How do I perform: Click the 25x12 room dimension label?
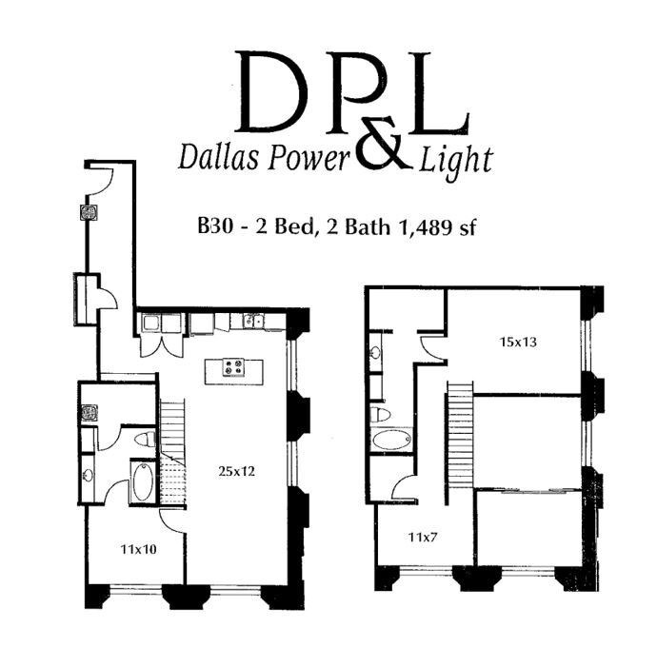click(x=236, y=471)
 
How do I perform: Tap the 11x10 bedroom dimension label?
click(x=138, y=550)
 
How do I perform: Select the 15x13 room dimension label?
click(x=518, y=342)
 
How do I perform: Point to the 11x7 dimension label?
click(x=423, y=538)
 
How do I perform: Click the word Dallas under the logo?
click(x=219, y=156)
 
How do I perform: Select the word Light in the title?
click(x=456, y=161)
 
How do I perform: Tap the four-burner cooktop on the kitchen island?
click(x=234, y=367)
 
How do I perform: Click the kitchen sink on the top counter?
click(x=254, y=321)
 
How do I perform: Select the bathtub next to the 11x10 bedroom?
click(x=143, y=482)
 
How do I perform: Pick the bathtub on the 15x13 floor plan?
click(x=392, y=440)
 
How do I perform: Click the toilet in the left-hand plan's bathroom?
click(x=145, y=439)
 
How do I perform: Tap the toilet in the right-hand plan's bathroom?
click(x=380, y=414)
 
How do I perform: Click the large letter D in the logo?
click(x=271, y=91)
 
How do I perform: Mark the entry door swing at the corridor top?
click(x=101, y=181)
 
